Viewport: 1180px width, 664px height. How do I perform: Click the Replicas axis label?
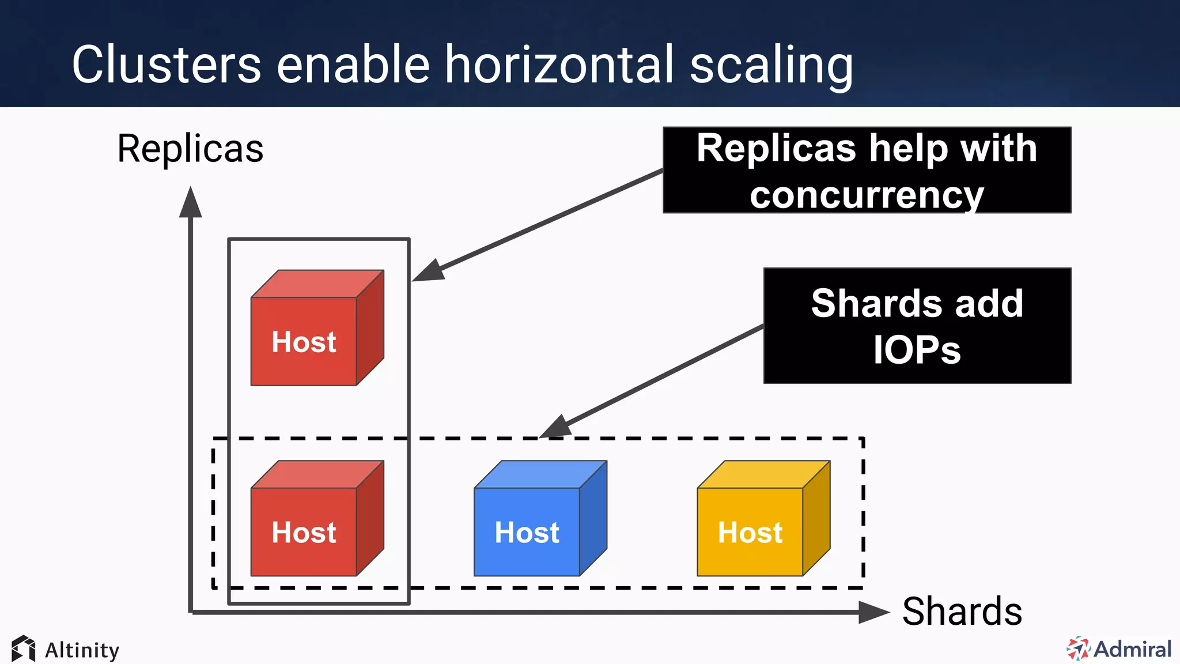pyautogui.click(x=190, y=149)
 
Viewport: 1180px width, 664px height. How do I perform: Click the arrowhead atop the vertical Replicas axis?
pyautogui.click(x=191, y=203)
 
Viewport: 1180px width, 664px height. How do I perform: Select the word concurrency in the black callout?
pyautogui.click(x=867, y=195)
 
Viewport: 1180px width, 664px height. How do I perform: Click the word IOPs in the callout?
pyautogui.click(x=917, y=350)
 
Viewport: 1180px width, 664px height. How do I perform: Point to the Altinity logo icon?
pyautogui.click(x=24, y=648)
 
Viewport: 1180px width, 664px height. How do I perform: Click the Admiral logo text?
pyautogui.click(x=1132, y=649)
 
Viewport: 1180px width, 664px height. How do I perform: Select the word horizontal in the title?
pyautogui.click(x=559, y=65)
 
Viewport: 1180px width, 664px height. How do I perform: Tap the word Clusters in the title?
pyautogui.click(x=167, y=65)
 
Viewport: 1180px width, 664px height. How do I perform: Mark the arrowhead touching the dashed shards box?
pyautogui.click(x=555, y=428)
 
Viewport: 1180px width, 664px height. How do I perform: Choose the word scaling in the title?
pyautogui.click(x=771, y=66)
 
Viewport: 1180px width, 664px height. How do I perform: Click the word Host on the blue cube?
pyautogui.click(x=527, y=533)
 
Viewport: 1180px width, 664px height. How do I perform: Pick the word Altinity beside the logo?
pyautogui.click(x=82, y=650)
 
